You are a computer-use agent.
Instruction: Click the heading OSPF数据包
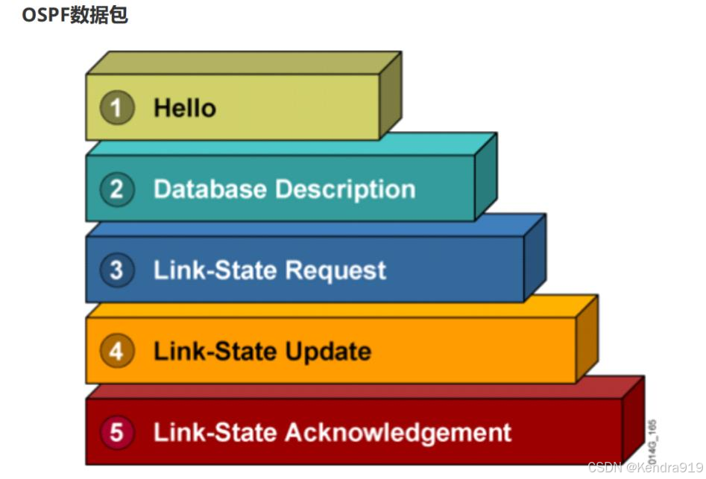75,15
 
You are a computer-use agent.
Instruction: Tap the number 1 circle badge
116,108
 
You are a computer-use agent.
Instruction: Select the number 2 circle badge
116,189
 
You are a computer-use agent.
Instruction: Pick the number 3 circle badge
116,270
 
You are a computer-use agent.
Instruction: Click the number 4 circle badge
116,351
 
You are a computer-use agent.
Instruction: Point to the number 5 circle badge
116,432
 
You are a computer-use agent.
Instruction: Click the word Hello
185,108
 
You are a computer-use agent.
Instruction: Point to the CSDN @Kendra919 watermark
645,468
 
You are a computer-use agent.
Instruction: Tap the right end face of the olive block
391,95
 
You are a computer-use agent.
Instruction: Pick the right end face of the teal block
485,177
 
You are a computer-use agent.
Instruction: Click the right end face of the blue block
535,257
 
